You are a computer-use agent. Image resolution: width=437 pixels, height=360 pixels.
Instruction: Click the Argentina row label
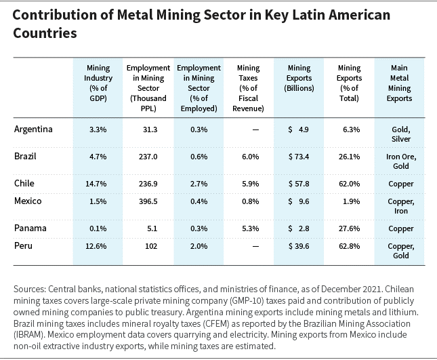pyautogui.click(x=33, y=129)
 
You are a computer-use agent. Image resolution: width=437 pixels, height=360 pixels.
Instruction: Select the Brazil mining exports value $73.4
pyautogui.click(x=299, y=157)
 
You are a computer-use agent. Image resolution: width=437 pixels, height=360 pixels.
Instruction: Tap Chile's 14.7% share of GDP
pyautogui.click(x=96, y=184)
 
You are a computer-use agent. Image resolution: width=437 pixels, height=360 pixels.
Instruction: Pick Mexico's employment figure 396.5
pyautogui.click(x=148, y=201)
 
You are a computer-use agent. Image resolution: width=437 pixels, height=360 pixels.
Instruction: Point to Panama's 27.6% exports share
pyautogui.click(x=349, y=228)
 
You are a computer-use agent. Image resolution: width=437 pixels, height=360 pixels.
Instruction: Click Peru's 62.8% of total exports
pyautogui.click(x=349, y=246)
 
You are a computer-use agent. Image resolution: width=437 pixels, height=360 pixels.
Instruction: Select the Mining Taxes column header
pyautogui.click(x=249, y=88)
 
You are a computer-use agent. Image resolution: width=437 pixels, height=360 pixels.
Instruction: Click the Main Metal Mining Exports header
pyautogui.click(x=399, y=83)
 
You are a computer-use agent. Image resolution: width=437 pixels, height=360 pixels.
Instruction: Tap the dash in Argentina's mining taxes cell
pyautogui.click(x=255, y=129)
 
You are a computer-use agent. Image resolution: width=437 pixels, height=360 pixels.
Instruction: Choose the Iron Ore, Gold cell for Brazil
pyautogui.click(x=401, y=161)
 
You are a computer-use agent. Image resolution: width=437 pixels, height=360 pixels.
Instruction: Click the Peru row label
pyautogui.click(x=24, y=245)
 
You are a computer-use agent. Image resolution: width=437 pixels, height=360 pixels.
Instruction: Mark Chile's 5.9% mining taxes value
pyautogui.click(x=251, y=184)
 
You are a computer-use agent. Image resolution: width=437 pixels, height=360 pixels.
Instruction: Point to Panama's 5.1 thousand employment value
pyautogui.click(x=152, y=228)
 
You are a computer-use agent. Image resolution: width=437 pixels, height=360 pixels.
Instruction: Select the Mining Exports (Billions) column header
pyautogui.click(x=299, y=78)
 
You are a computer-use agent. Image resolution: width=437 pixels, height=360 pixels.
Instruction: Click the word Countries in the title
pyautogui.click(x=45, y=33)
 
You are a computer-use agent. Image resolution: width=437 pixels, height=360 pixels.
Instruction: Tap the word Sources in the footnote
pyautogui.click(x=30, y=289)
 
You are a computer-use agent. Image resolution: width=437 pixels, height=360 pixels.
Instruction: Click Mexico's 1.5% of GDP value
pyautogui.click(x=98, y=201)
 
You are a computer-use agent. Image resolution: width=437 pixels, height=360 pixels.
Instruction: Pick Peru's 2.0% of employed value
pyautogui.click(x=199, y=246)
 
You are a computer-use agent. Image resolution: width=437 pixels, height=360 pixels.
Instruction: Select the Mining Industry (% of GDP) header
pyautogui.click(x=98, y=83)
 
